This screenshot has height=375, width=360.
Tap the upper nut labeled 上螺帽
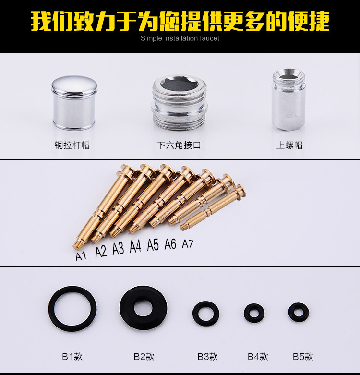(x=288, y=100)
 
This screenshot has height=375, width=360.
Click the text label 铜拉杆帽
(x=72, y=145)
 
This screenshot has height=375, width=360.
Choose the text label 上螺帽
(x=289, y=145)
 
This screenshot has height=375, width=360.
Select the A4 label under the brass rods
(x=135, y=247)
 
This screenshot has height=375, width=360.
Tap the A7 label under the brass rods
(x=188, y=244)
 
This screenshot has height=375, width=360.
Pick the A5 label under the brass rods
(x=153, y=245)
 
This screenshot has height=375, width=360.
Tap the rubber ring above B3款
(x=206, y=313)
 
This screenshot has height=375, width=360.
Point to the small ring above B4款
(x=254, y=313)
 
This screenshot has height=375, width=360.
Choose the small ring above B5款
(x=298, y=312)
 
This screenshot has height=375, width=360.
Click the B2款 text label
(x=144, y=357)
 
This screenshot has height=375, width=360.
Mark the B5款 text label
(x=303, y=357)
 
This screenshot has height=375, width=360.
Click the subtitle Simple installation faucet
(x=180, y=38)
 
